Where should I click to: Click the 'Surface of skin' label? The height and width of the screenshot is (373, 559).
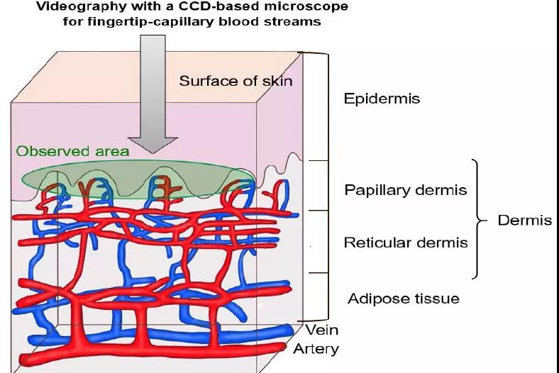point(236,80)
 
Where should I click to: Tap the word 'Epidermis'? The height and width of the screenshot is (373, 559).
point(382,99)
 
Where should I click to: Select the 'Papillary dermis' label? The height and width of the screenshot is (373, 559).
point(405,190)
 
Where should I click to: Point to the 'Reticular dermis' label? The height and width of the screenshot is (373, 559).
point(406,243)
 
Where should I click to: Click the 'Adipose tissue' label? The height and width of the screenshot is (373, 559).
point(403,299)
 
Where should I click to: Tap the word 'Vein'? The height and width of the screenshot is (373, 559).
point(322,330)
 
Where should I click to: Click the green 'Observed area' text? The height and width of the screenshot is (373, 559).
point(72,151)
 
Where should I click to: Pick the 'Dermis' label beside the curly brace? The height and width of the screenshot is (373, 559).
point(524,220)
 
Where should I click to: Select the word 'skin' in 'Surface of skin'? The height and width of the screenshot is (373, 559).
point(277,80)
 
